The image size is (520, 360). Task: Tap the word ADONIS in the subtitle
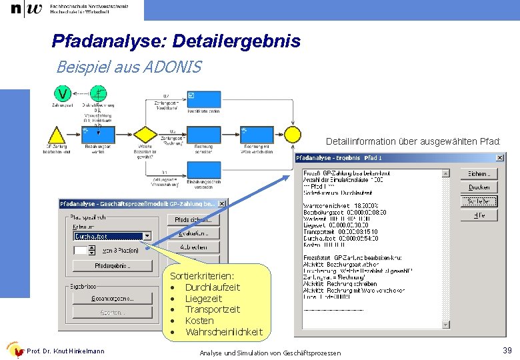point(173,67)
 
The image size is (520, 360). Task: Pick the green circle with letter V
point(63,93)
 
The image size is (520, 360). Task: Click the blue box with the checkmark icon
point(203,99)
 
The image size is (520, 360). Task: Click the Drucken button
point(478,187)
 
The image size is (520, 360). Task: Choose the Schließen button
point(478,201)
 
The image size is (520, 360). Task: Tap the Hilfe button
point(478,215)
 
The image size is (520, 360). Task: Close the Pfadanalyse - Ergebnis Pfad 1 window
point(500,158)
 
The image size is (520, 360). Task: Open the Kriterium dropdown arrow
point(147,236)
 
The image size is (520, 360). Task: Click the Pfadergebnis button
point(112,265)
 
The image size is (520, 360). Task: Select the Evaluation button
point(193,233)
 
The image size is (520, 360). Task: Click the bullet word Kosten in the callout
point(199,321)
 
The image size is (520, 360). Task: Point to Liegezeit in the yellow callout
point(203,298)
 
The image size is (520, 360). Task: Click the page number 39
point(507,351)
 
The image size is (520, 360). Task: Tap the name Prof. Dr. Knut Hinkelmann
point(65,351)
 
